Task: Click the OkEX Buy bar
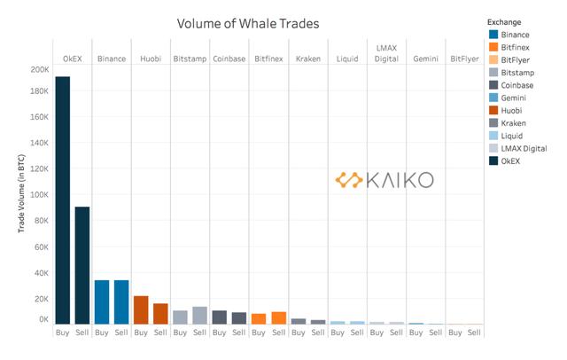[x=62, y=200]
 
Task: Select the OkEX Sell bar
[x=82, y=265]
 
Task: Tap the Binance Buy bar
[x=102, y=302]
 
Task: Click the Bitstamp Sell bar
[x=199, y=316]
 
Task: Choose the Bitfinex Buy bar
[x=259, y=319]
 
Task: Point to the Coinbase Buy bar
[x=219, y=317]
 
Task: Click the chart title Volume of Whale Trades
[x=247, y=22]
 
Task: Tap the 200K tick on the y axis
[x=39, y=69]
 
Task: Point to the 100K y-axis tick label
[x=39, y=194]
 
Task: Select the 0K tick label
[x=43, y=319]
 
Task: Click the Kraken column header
[x=308, y=58]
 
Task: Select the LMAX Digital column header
[x=386, y=52]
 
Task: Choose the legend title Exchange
[x=504, y=21]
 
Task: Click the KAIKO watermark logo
[x=384, y=180]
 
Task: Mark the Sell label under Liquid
[x=356, y=333]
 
